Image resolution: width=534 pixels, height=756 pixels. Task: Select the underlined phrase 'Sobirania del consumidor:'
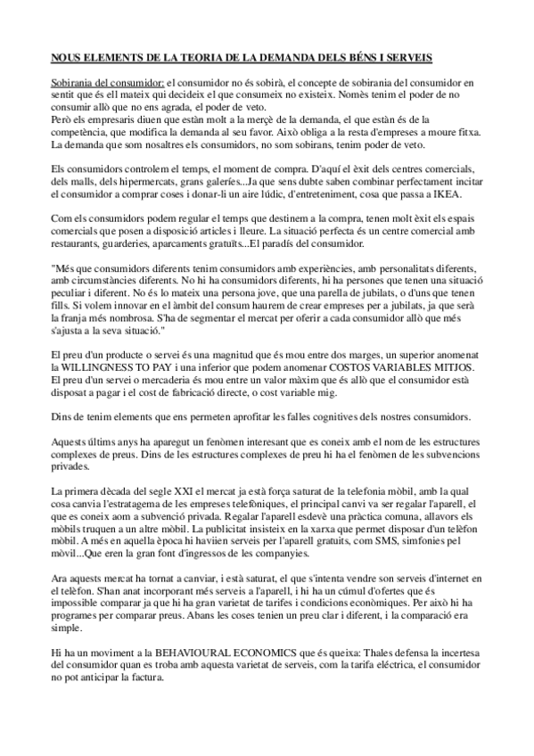tap(95, 82)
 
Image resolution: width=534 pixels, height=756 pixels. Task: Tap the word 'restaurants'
tap(77, 243)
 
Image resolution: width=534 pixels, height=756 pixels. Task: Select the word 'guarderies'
tap(137, 243)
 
